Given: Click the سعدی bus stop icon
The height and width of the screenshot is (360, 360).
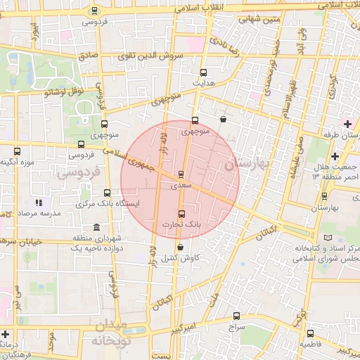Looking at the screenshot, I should pyautogui.click(x=181, y=174).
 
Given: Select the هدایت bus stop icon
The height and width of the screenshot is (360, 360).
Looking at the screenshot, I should pyautogui.click(x=204, y=72).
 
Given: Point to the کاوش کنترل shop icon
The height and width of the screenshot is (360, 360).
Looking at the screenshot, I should pyautogui.click(x=181, y=247).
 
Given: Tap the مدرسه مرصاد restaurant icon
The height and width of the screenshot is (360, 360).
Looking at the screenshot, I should pyautogui.click(x=38, y=202).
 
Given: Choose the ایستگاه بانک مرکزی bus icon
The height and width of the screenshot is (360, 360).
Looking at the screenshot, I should pyautogui.click(x=108, y=193).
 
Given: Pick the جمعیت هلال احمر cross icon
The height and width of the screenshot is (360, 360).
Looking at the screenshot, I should pyautogui.click(x=335, y=156).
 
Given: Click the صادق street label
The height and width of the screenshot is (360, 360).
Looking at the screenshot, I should pyautogui.click(x=88, y=55).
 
